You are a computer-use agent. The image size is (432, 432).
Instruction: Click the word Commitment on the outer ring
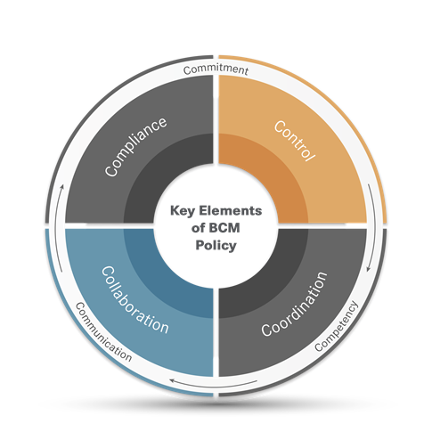point(216,69)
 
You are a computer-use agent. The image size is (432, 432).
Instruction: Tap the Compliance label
point(135,147)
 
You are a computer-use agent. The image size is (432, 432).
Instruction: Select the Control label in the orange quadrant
point(294,141)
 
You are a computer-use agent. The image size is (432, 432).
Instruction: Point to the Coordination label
point(295,305)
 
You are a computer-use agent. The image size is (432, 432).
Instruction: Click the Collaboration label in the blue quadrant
point(135,300)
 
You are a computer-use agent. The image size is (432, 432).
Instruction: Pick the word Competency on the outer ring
point(337,326)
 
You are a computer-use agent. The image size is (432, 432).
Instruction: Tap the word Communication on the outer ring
point(103,332)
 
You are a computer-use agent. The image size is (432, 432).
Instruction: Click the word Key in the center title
point(183,211)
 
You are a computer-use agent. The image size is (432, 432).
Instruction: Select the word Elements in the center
point(231,210)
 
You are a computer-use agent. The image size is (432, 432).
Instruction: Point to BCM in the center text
point(224,228)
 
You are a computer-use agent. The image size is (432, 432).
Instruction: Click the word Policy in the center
point(216,246)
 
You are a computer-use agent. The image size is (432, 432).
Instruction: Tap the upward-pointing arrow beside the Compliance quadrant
point(60,228)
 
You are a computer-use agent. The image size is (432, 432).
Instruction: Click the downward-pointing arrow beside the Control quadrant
point(372,228)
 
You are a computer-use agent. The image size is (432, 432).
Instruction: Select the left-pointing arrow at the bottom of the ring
point(214,385)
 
